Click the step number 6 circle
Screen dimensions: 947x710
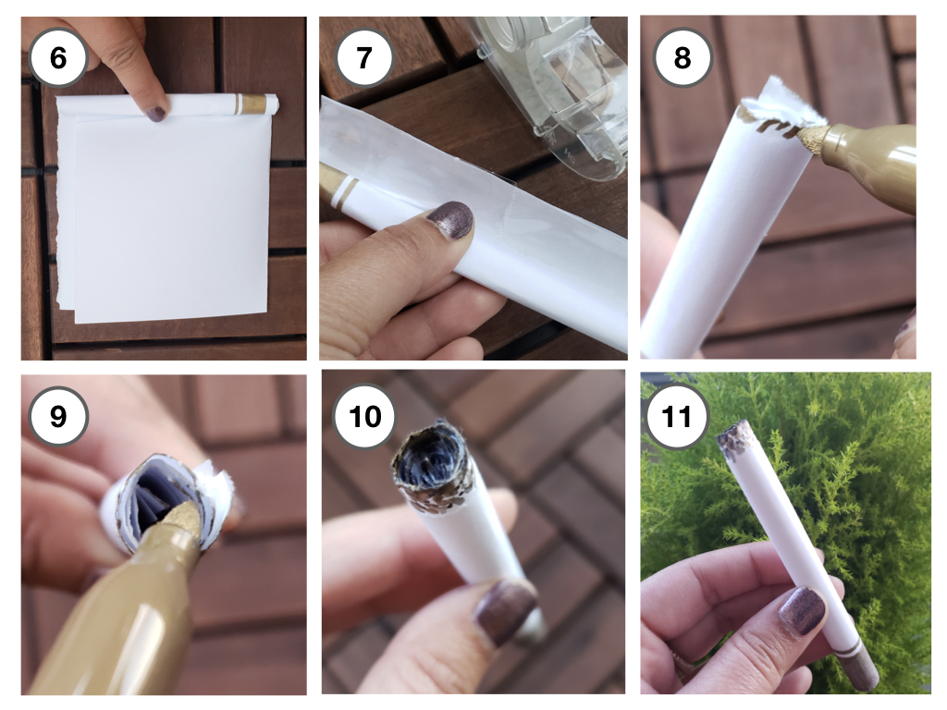pos(58,58)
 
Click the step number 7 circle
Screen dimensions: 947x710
pos(363,58)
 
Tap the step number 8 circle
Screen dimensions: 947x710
pos(682,58)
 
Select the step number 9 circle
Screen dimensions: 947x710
pos(58,416)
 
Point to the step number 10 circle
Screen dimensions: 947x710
pos(364,416)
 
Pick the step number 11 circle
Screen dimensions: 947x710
pos(676,416)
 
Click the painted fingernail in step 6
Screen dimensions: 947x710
pos(155,113)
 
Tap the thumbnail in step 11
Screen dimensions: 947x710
pos(801,610)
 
